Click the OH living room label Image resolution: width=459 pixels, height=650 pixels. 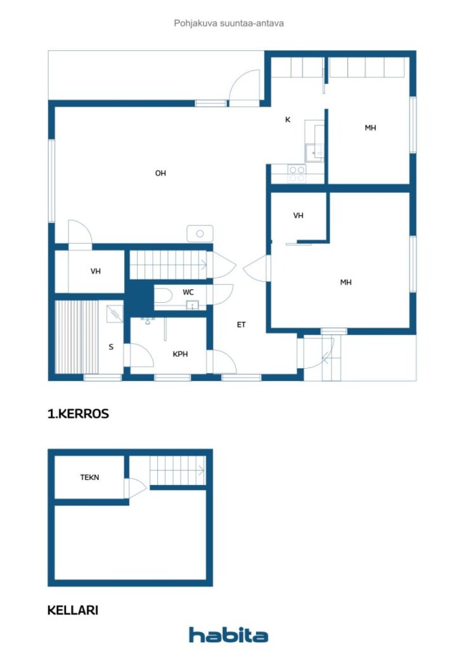(160, 173)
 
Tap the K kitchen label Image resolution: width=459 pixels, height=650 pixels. (288, 120)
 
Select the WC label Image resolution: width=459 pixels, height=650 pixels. (188, 292)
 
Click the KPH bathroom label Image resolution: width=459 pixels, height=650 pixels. (180, 354)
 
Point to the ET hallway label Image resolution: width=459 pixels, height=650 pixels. (242, 325)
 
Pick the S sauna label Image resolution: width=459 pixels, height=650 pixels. (111, 347)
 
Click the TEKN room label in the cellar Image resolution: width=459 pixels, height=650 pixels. (89, 477)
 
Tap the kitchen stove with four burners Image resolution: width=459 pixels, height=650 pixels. (297, 174)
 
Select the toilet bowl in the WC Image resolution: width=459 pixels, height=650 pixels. (164, 296)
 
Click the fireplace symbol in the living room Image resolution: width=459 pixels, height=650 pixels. (200, 234)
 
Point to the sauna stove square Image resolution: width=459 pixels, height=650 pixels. (115, 314)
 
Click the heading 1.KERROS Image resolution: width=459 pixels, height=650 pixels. (78, 414)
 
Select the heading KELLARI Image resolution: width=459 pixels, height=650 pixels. (73, 610)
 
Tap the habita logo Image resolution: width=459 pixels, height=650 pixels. (228, 635)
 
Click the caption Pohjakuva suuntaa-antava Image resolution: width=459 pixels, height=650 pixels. (229, 23)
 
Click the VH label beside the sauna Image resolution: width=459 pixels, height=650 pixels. (96, 272)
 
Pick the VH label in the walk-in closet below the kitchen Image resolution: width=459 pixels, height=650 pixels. (299, 216)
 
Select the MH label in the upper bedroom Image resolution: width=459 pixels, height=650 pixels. (370, 128)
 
